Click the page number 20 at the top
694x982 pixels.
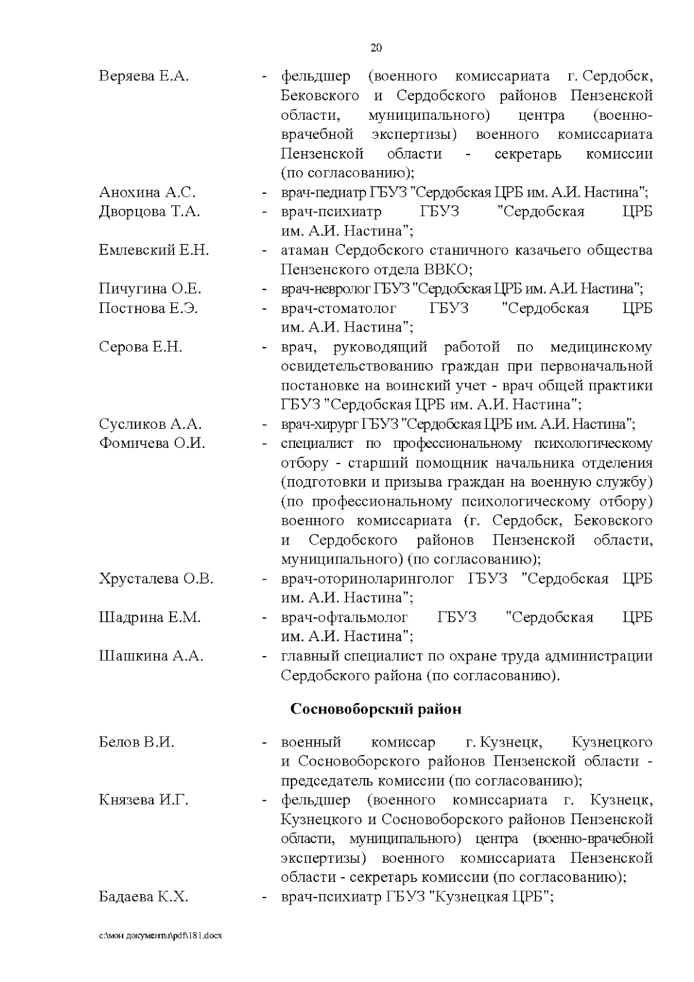click(x=376, y=48)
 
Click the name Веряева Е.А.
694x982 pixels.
click(x=144, y=76)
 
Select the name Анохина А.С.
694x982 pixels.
click(x=147, y=192)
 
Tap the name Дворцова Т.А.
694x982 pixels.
click(x=149, y=212)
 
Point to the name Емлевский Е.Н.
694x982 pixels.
click(x=154, y=251)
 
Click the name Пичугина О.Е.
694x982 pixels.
click(x=150, y=289)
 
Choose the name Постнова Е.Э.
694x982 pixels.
click(x=149, y=308)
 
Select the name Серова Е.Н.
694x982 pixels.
click(x=141, y=347)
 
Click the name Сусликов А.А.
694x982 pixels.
click(x=150, y=424)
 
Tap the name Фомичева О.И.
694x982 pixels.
click(x=152, y=444)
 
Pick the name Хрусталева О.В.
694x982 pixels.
click(x=156, y=579)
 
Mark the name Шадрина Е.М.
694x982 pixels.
click(x=150, y=617)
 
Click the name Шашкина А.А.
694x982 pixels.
click(x=151, y=656)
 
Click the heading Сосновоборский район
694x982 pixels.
click(x=376, y=709)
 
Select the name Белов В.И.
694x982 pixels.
click(x=136, y=742)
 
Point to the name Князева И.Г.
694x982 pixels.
click(x=143, y=800)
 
